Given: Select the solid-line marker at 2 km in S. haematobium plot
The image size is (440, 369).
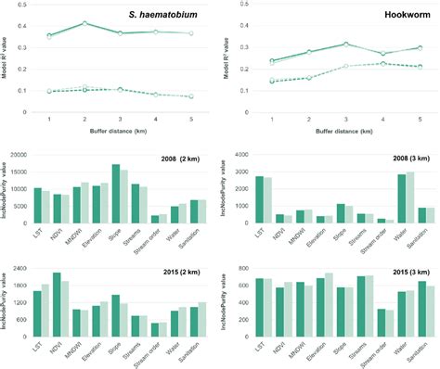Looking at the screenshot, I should click(84, 23).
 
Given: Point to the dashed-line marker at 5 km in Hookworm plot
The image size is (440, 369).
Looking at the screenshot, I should click(419, 67).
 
